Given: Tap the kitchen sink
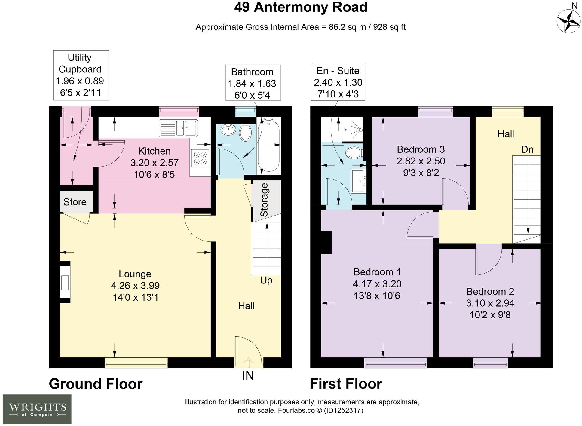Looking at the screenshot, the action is click(178, 128).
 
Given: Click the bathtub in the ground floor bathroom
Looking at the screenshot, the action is click(269, 145).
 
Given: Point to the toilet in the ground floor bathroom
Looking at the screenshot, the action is click(246, 133).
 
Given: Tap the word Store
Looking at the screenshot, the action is click(75, 202).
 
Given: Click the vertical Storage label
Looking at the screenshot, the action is click(264, 200).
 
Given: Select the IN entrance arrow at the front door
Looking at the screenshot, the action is click(248, 363).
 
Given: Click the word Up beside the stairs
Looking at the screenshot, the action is click(266, 280).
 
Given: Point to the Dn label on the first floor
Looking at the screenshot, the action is click(527, 149).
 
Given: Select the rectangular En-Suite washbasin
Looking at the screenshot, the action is click(358, 180).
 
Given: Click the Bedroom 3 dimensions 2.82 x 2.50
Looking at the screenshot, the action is click(421, 161).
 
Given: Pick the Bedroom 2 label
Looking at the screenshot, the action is click(490, 291).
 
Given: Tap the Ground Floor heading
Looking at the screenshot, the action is click(96, 384).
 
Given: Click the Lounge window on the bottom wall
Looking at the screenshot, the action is click(136, 363).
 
